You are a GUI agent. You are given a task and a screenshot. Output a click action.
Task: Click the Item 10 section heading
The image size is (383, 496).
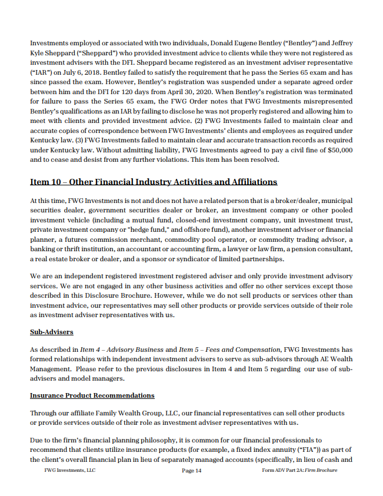[x=154, y=182]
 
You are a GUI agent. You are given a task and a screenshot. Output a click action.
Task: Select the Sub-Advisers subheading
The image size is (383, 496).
[x=51, y=332]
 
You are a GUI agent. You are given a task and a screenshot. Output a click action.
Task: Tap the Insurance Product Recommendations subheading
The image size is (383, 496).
[x=92, y=395]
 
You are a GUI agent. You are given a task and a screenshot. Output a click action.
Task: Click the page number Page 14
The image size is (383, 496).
[x=192, y=471]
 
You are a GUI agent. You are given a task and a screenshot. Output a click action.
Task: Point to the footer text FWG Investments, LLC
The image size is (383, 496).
[x=69, y=471]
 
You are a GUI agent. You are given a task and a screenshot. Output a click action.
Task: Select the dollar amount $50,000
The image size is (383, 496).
[x=337, y=150]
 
